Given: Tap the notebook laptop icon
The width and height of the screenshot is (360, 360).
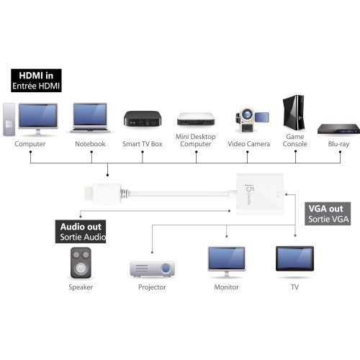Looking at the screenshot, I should pyautogui.click(x=90, y=118).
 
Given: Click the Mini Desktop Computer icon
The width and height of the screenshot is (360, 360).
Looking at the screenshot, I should pyautogui.click(x=195, y=119).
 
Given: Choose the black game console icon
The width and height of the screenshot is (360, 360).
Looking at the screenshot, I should pyautogui.click(x=295, y=115).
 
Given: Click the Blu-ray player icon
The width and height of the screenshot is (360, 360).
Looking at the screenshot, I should pyautogui.click(x=338, y=128).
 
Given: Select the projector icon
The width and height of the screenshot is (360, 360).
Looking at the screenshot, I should pyautogui.click(x=152, y=268).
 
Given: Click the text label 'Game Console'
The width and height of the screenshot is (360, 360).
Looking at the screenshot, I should pyautogui.click(x=295, y=140).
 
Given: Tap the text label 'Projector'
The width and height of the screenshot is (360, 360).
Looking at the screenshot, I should pyautogui.click(x=152, y=287).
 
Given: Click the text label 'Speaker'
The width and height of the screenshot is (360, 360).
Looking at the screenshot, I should pyautogui.click(x=81, y=287).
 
